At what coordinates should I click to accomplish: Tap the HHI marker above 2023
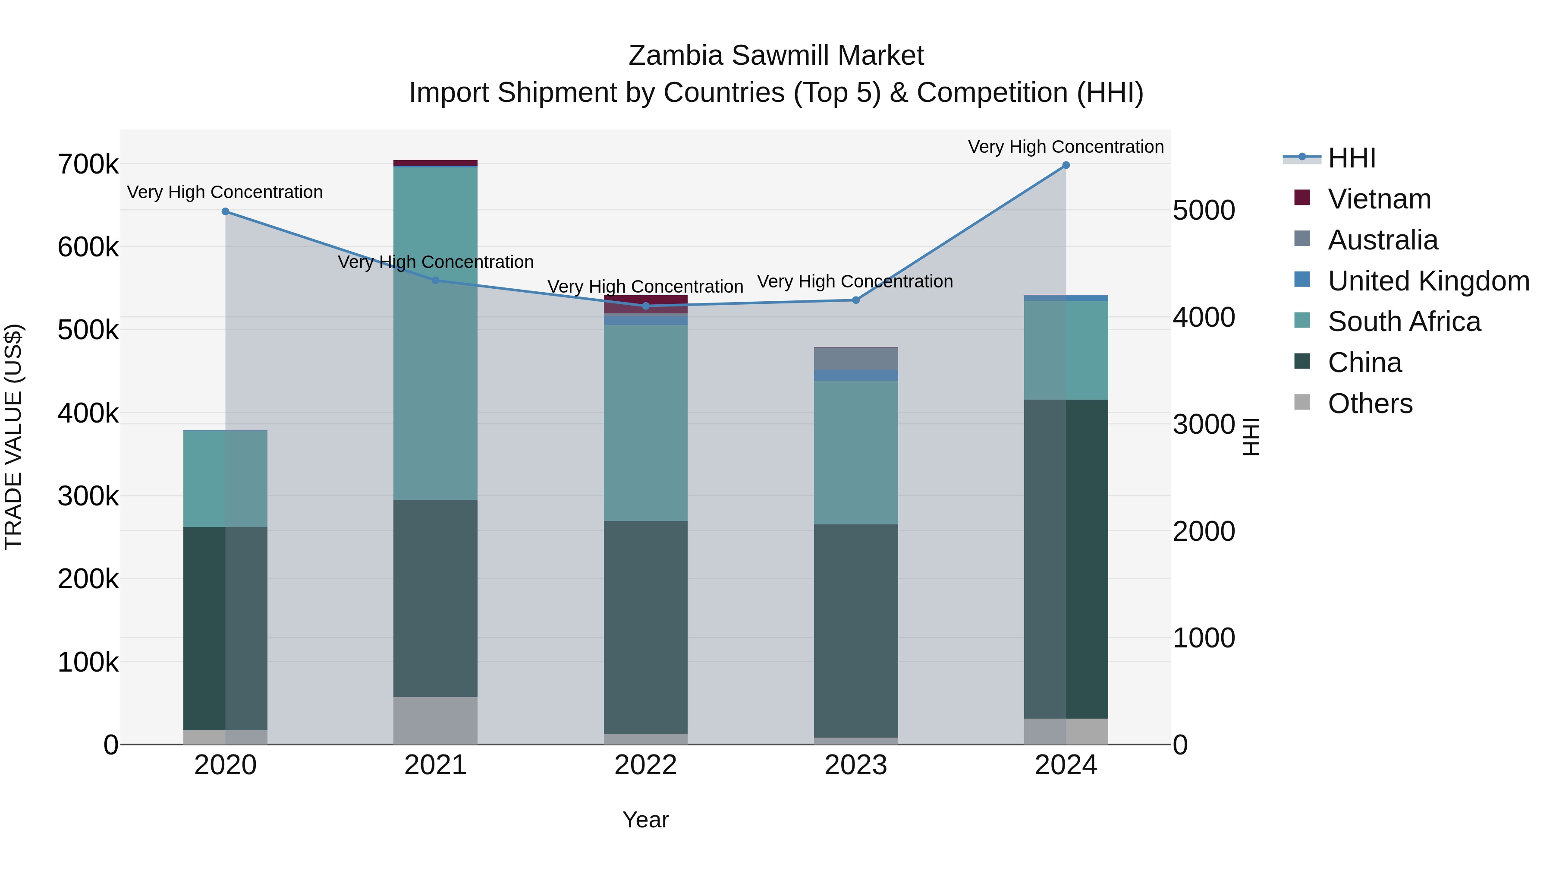[855, 300]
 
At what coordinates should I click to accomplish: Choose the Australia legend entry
[1383, 240]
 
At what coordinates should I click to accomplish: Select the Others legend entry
[1370, 404]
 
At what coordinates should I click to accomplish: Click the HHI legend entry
[1351, 158]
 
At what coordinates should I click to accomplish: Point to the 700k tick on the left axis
[88, 164]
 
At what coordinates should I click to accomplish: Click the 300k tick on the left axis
[88, 496]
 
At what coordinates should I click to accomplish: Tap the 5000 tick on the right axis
[1203, 211]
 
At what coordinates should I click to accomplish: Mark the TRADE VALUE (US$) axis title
[13, 437]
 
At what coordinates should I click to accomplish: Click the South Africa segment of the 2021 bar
[435, 332]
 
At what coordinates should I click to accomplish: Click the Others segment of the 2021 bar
[435, 720]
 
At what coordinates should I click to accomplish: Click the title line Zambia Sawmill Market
[776, 56]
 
